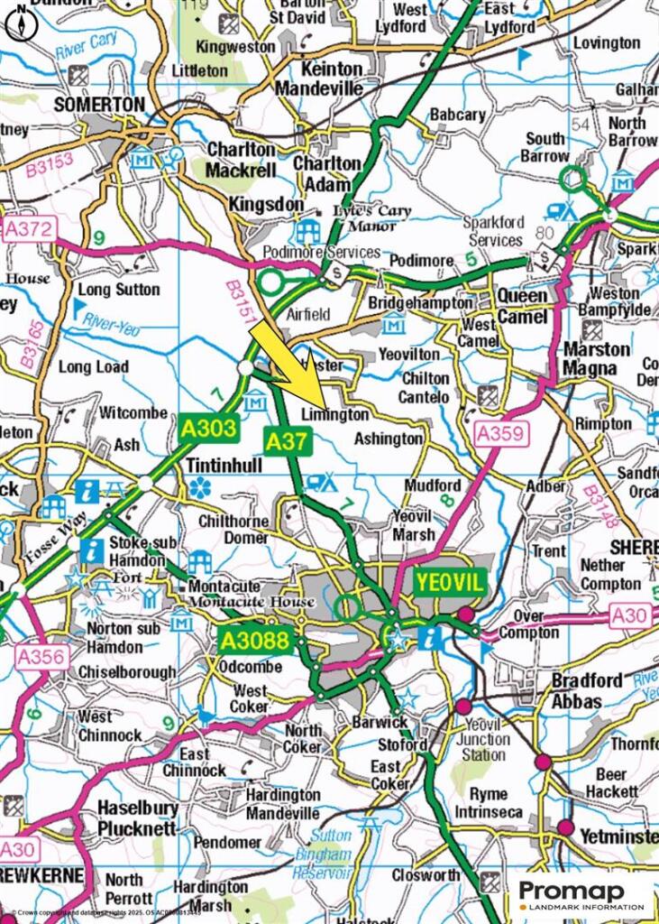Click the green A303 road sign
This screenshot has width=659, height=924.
tap(208, 428)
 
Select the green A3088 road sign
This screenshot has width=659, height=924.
tap(257, 642)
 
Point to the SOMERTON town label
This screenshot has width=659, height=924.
tap(98, 105)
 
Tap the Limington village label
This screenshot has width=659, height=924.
tap(335, 414)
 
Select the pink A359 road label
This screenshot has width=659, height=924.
tap(500, 435)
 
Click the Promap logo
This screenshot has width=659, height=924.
tap(585, 896)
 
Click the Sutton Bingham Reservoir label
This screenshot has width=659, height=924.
tap(322, 854)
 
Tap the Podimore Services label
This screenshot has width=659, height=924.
tap(321, 252)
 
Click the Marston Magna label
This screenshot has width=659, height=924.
tap(597, 358)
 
